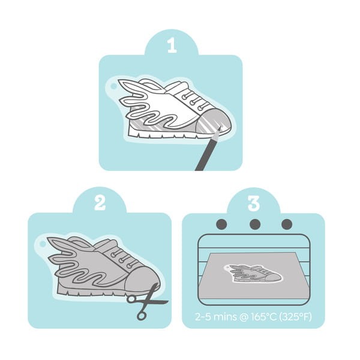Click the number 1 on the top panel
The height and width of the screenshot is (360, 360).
[x=172, y=45]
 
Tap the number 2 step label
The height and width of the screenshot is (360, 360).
[x=100, y=203]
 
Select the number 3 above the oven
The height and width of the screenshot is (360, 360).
[x=254, y=203]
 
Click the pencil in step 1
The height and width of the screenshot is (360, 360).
[x=208, y=149]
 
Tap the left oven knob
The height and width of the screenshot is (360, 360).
[x=222, y=224]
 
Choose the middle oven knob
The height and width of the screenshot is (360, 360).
[x=255, y=224]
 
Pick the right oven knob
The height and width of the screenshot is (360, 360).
[x=287, y=224]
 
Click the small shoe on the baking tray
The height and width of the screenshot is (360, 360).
[x=253, y=273]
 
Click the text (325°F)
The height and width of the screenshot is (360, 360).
[x=295, y=317]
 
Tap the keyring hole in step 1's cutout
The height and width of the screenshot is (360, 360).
[x=113, y=86]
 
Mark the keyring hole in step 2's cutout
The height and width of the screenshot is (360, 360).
[x=43, y=244]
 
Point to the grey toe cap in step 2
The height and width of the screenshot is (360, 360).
[x=142, y=281]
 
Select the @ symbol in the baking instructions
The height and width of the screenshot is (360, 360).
[x=244, y=317]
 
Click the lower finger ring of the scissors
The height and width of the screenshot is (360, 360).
[x=142, y=316]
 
